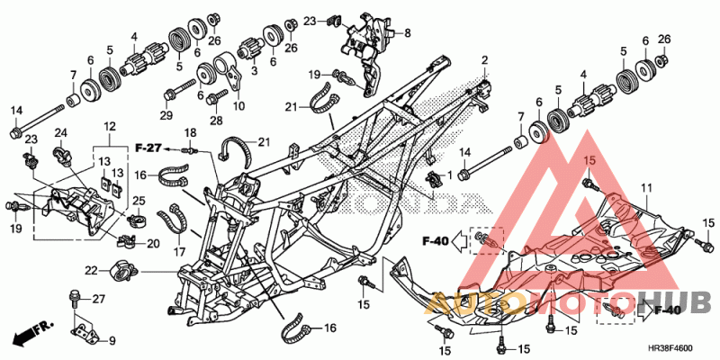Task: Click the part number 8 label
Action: (408, 32)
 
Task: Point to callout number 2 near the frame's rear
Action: (484, 60)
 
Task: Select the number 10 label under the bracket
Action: (238, 106)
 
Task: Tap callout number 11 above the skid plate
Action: (646, 188)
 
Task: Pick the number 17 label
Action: (178, 252)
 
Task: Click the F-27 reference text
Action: (148, 148)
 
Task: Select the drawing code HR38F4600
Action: (670, 348)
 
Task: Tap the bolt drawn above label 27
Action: (73, 299)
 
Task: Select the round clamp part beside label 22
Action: (122, 271)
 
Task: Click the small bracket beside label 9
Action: (85, 332)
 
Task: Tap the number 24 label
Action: (61, 133)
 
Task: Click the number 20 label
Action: (153, 244)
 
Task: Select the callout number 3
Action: (254, 71)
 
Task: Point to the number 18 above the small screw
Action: (190, 133)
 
